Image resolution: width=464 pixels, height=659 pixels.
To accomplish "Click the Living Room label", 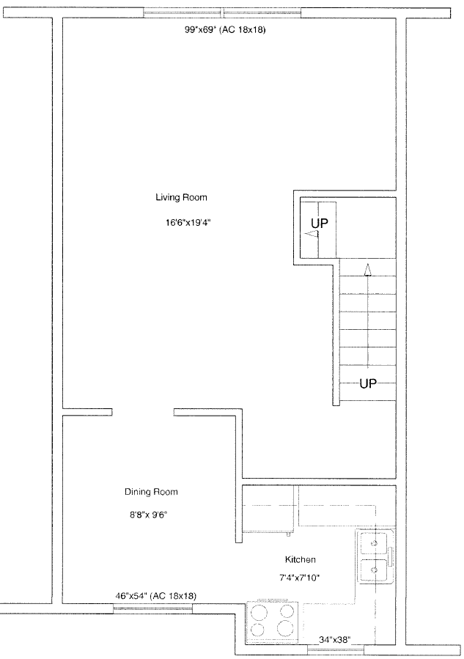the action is pyautogui.click(x=181, y=197).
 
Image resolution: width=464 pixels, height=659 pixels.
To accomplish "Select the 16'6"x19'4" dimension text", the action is pyautogui.click(x=188, y=223).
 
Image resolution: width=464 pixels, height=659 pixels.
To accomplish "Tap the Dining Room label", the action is pyautogui.click(x=151, y=492).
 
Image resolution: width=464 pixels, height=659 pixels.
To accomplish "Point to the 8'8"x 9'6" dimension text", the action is pyautogui.click(x=148, y=514).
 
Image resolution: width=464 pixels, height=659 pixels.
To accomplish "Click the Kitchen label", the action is pyautogui.click(x=300, y=559).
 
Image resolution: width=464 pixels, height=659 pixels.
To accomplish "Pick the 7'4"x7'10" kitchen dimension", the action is pyautogui.click(x=300, y=578).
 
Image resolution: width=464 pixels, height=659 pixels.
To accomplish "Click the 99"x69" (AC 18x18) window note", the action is pyautogui.click(x=225, y=30).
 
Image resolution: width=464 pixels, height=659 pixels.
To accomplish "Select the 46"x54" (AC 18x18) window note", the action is pyautogui.click(x=155, y=595).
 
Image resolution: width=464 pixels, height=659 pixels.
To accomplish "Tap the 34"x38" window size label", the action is pyautogui.click(x=334, y=640).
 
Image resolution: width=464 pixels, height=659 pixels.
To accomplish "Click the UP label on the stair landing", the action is pyautogui.click(x=320, y=223).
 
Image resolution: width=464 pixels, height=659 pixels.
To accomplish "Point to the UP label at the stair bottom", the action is pyautogui.click(x=368, y=383).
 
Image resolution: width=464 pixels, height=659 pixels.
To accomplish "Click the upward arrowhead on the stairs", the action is pyautogui.click(x=368, y=270).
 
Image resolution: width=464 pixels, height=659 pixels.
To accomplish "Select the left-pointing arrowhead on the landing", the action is pyautogui.click(x=312, y=234).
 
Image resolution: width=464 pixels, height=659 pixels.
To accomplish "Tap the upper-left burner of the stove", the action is pyautogui.click(x=259, y=612).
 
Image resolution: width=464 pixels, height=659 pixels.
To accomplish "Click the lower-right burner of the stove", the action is pyautogui.click(x=285, y=628).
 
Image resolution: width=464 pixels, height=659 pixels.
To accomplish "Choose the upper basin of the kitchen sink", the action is pyautogui.click(x=373, y=543).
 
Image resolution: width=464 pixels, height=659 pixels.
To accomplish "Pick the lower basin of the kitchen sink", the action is pyautogui.click(x=373, y=570).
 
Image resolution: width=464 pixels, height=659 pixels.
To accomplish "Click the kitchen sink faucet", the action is pyautogui.click(x=391, y=556).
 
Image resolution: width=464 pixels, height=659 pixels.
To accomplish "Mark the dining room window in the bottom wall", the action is pyautogui.click(x=153, y=607).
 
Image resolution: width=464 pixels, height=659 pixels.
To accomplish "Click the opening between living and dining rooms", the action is pyautogui.click(x=143, y=412).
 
